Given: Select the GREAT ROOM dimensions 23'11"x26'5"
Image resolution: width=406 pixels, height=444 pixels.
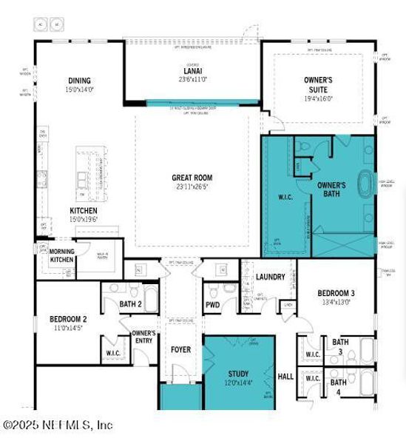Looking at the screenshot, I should click(192, 186).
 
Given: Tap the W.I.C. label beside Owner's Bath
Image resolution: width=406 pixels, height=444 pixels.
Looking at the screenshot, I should click(286, 198).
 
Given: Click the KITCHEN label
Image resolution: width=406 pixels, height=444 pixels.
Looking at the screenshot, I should click(84, 210).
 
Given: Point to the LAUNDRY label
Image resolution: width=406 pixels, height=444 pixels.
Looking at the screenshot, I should click(270, 277).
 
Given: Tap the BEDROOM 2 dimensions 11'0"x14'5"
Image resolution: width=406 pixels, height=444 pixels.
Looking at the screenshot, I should click(68, 328).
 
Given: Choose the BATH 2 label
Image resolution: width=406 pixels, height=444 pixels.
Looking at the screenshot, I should click(131, 303).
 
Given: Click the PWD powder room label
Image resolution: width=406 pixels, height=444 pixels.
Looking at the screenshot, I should click(212, 304).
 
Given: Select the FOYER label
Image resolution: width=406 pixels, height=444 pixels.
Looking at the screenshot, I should click(180, 349).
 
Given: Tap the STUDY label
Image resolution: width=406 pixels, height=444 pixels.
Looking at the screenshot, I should click(238, 374).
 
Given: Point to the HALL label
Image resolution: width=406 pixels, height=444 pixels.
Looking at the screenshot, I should click(285, 376).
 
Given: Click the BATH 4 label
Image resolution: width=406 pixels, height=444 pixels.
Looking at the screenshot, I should click(339, 383).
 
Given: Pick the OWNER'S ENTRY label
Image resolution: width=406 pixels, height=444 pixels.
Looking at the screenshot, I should click(143, 337).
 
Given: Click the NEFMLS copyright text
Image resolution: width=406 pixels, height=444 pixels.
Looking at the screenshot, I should click(58, 425).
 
